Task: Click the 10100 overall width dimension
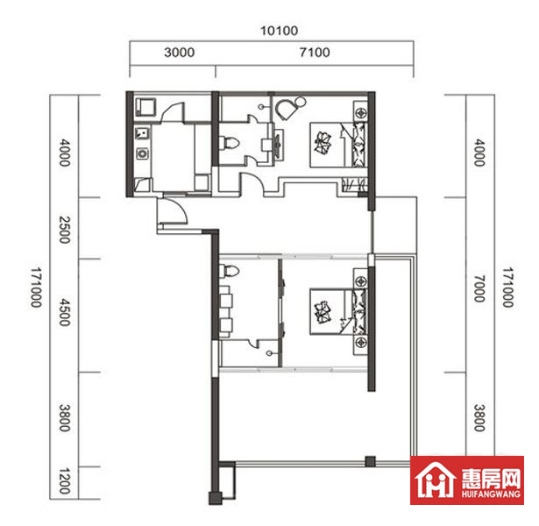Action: click(279, 31)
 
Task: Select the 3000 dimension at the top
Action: click(179, 53)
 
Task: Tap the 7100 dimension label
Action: click(315, 53)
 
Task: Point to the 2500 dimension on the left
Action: click(65, 230)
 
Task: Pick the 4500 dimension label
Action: click(65, 312)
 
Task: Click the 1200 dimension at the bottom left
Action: click(65, 480)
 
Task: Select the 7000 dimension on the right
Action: click(479, 288)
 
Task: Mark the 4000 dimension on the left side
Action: click(65, 153)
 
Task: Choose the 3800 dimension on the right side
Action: click(479, 417)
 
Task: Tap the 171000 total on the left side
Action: click(36, 287)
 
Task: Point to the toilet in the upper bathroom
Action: click(229, 143)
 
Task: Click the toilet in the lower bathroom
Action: click(229, 271)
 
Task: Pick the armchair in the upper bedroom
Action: click(287, 109)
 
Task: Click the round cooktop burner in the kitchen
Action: click(142, 153)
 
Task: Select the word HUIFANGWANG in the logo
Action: click(491, 494)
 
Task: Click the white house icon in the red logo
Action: click(436, 480)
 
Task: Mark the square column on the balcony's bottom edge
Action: click(370, 461)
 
